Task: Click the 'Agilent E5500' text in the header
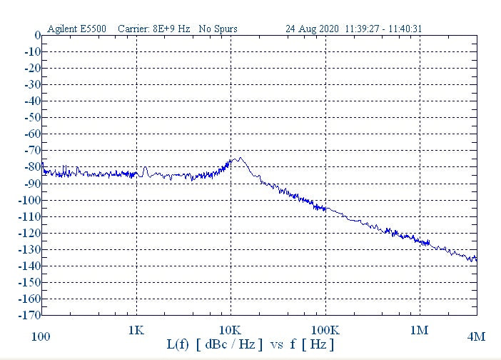76,29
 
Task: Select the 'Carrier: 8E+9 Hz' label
153,29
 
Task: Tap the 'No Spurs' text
218,29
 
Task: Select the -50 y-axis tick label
32,118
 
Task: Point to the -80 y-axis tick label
32,167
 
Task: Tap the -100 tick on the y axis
30,200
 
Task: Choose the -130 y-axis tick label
30,249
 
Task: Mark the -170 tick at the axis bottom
30,315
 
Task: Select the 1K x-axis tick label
136,331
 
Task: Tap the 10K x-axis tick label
231,331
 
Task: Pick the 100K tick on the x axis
325,331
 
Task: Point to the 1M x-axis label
419,331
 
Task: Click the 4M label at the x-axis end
476,336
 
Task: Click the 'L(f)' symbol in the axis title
178,345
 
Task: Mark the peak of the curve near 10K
239,159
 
